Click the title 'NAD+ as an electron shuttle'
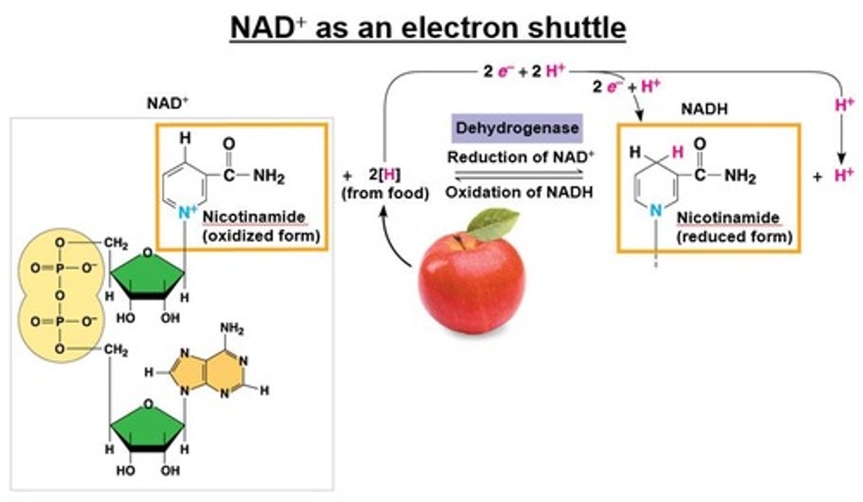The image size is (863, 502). [x=428, y=28]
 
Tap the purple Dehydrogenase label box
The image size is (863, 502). [x=517, y=128]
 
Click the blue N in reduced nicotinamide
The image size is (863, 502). [x=656, y=210]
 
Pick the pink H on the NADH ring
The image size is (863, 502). [x=677, y=152]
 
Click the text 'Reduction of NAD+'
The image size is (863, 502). [x=521, y=158]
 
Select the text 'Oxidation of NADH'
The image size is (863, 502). [x=519, y=193]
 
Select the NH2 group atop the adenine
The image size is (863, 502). [x=232, y=329]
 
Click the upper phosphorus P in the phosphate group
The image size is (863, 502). [x=59, y=269]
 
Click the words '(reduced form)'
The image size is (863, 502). [x=734, y=236]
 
